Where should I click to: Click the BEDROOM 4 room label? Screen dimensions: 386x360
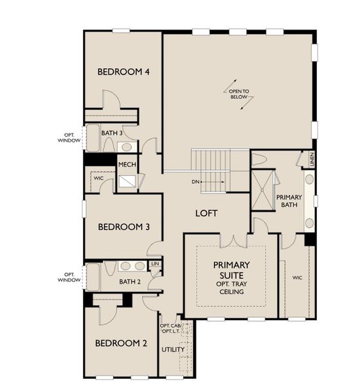point(123,71)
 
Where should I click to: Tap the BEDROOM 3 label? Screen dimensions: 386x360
point(123,226)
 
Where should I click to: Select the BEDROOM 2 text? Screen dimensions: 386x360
point(122,343)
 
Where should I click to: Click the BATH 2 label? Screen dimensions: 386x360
point(129,281)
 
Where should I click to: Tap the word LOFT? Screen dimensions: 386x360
point(206,213)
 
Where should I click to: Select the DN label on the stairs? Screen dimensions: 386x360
point(196,182)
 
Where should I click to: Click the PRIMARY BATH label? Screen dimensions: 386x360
point(289,201)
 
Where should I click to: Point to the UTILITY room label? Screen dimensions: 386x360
point(173,349)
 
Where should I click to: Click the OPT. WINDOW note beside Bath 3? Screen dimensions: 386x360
point(69,137)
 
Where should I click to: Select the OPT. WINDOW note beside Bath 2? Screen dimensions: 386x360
point(69,277)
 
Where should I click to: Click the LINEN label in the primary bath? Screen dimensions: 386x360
point(312,158)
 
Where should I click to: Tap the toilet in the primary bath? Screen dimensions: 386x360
point(259,160)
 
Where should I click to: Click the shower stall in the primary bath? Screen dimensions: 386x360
point(262,190)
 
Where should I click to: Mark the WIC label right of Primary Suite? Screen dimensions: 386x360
point(297,277)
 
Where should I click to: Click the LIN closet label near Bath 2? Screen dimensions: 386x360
point(154,264)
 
